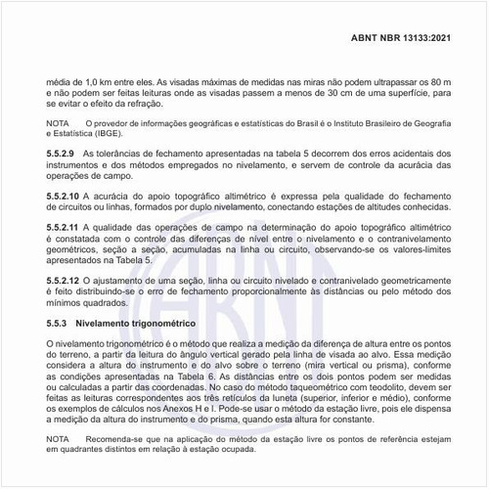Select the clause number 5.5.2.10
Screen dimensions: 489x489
67,198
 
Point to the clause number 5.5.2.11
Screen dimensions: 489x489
67,227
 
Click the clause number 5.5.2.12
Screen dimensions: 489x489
67,281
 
